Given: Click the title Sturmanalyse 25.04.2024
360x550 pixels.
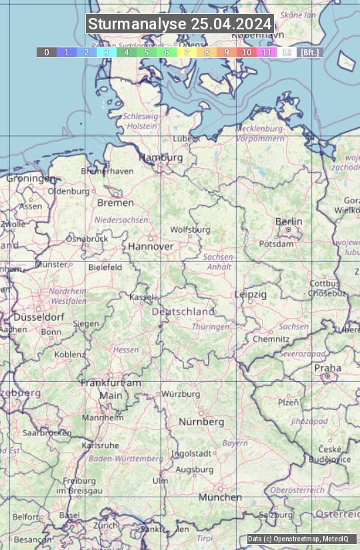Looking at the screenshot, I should pos(180,24).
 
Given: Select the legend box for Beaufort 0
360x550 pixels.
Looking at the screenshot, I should pos(46,52).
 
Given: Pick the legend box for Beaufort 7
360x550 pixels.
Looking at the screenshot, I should pos(187,52).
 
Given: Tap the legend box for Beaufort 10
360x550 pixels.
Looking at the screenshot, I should pos(247,52).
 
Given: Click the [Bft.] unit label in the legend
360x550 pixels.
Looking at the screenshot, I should pos(309,52).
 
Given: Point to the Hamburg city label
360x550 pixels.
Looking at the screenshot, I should pos(161,157).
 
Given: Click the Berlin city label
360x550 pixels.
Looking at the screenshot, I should pos(289,221).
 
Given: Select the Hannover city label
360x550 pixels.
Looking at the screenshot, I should pos(151,246).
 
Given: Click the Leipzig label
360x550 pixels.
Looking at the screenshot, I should pos(251,294).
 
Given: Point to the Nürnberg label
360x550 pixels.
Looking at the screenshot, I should pos(201,422).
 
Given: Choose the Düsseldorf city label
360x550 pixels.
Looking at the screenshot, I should pos(39,317).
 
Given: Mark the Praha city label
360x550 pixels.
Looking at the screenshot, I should pos(327,368).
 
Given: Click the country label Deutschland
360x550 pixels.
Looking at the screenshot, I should pos(183,311).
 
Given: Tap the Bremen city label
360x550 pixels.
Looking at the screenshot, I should pos(115,203).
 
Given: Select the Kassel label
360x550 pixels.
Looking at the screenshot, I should pos(142,297).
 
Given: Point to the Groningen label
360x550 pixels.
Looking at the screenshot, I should pos(31,179).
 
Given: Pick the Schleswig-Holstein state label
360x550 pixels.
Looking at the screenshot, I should pos(141,121).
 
